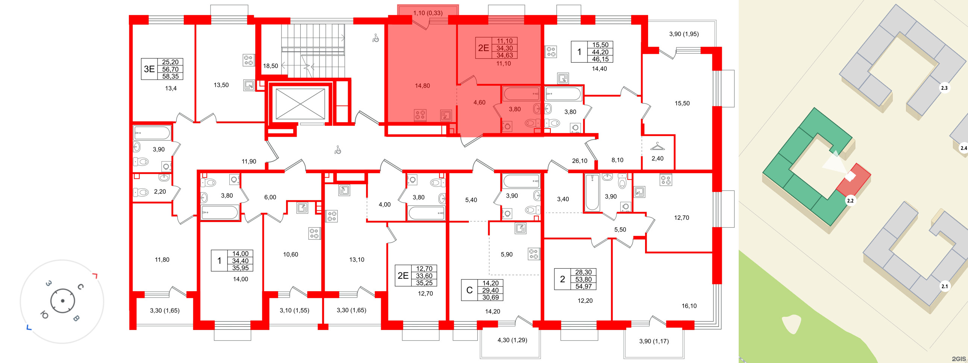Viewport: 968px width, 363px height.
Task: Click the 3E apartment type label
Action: (x=149, y=69)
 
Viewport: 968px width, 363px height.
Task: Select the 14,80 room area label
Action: (x=422, y=86)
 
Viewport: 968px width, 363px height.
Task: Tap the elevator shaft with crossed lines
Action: (x=300, y=104)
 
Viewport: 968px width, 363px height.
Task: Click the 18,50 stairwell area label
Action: (x=270, y=66)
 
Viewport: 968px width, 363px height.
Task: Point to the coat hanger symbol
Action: (x=657, y=146)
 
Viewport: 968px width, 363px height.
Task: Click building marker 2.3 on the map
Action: (x=944, y=88)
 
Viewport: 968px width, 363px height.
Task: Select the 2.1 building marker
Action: (x=944, y=286)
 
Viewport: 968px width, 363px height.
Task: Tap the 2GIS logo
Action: (x=958, y=359)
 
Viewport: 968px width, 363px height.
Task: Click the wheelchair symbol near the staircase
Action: (x=376, y=38)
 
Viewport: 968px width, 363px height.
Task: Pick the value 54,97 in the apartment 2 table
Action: (x=583, y=286)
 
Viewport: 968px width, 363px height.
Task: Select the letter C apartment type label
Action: (x=469, y=290)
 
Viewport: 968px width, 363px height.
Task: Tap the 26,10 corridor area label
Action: (x=579, y=161)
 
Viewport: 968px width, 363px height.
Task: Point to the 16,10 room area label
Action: (x=689, y=306)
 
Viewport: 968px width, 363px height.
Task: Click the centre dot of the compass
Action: (x=62, y=301)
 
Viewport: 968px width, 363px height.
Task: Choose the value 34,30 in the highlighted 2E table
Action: (x=504, y=48)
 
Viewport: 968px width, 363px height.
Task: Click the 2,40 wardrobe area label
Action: (x=657, y=159)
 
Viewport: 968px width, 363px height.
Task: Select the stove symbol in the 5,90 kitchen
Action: (x=533, y=254)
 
